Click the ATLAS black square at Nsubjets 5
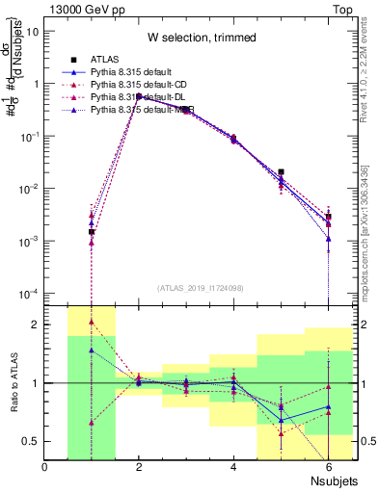point(281,172)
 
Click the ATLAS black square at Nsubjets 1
point(92,232)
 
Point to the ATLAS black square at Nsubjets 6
point(328,217)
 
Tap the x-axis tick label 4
point(233,468)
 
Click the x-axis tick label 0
point(44,468)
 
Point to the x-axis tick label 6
point(328,468)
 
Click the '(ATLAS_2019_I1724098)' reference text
point(201,287)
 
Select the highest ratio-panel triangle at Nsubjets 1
point(92,322)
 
